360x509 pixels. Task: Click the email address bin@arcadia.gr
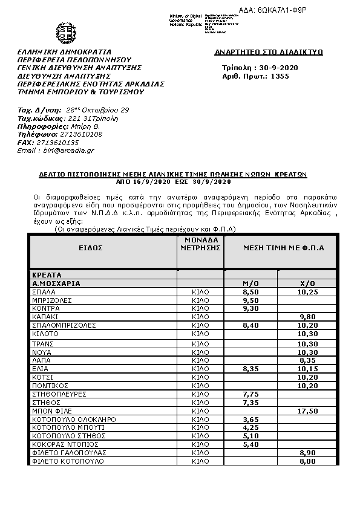[56, 150]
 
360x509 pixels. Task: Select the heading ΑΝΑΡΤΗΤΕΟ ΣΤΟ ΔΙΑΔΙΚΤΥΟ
[269, 53]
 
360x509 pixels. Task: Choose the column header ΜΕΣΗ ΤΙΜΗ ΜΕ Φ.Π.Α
[284, 248]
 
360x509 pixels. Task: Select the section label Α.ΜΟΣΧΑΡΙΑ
[56, 283]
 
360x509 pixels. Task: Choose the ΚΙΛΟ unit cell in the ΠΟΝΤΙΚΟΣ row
[200, 385]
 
